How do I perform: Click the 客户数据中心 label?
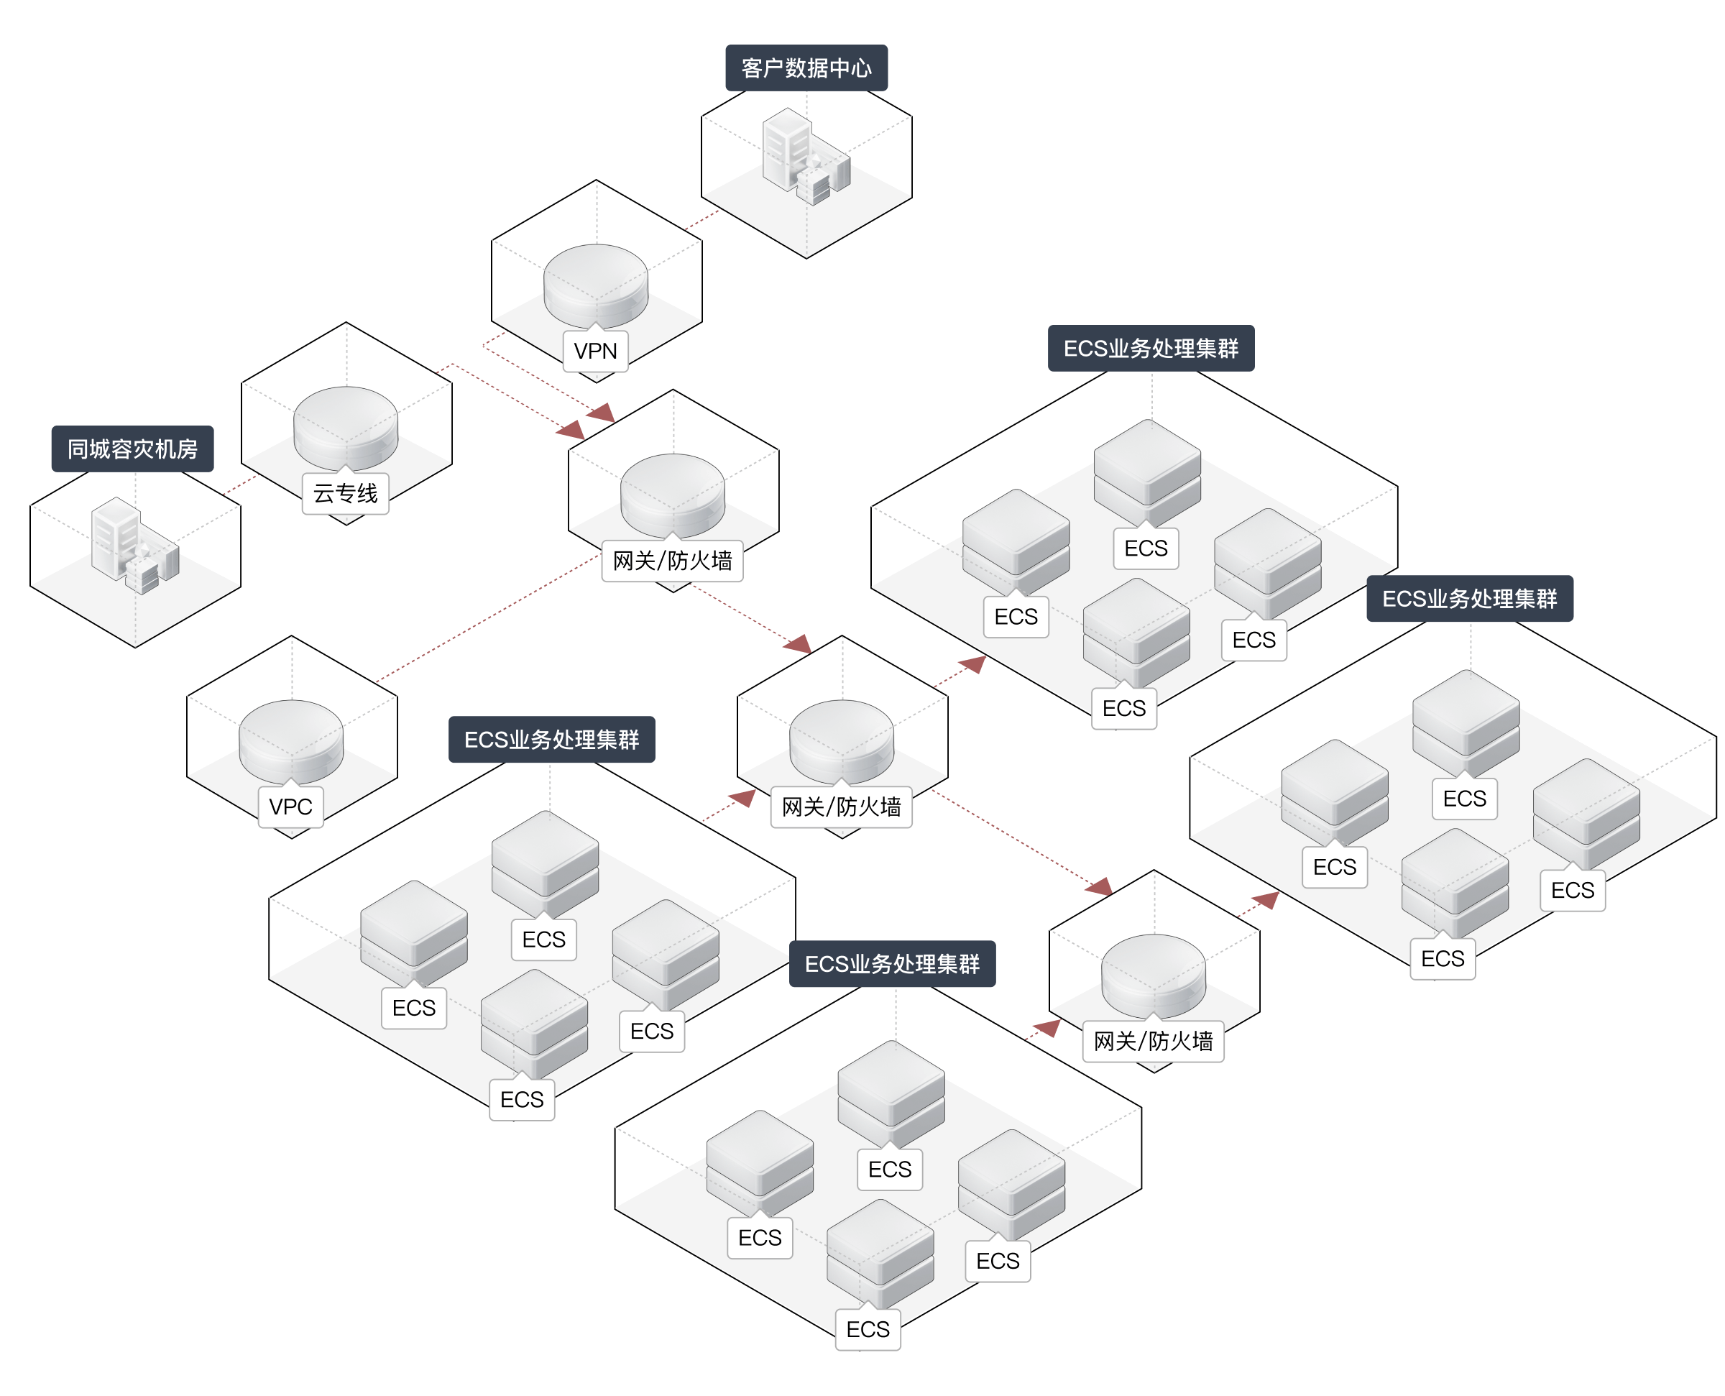[806, 68]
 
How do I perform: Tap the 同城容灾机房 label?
[133, 449]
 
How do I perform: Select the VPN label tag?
[596, 352]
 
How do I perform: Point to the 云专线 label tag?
[346, 494]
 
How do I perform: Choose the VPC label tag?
[291, 807]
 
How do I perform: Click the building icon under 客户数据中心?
[804, 156]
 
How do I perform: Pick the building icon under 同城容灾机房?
[134, 544]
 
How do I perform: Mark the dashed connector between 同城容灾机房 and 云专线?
[239, 486]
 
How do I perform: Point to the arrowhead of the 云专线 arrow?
[571, 430]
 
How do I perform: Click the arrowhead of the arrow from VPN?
[602, 414]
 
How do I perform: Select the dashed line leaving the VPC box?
[482, 619]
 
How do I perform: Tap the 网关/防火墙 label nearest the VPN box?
[673, 561]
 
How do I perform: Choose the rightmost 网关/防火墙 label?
[1154, 1042]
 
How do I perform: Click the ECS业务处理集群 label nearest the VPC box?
[551, 740]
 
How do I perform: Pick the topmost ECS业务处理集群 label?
[1150, 348]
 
